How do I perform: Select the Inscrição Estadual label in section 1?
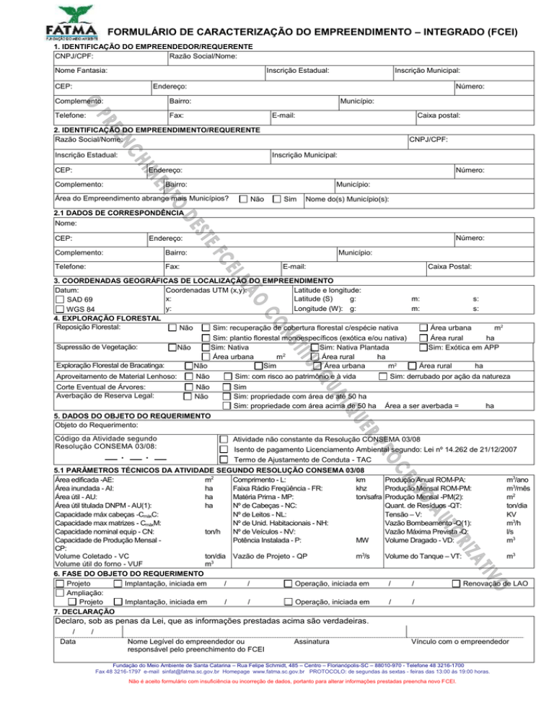point(298,71)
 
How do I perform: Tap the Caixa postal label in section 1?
point(439,115)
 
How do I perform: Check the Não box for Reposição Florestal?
point(172,328)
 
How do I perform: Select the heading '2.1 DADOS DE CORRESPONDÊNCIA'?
point(115,214)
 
